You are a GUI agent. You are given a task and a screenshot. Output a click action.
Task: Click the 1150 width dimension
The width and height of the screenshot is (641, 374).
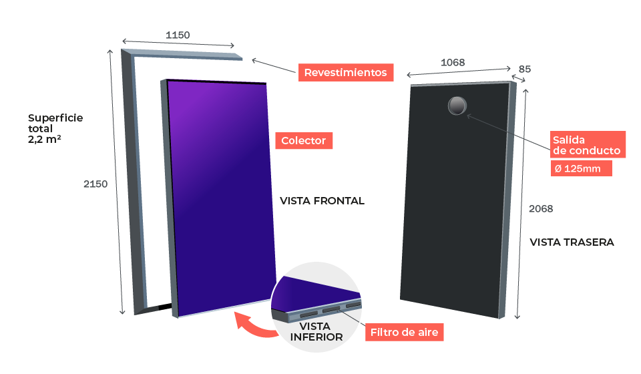tap(178, 35)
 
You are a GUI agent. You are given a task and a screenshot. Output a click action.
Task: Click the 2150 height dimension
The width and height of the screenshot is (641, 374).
tap(95, 184)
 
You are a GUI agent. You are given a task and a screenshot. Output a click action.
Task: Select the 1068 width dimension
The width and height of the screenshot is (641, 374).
tap(453, 63)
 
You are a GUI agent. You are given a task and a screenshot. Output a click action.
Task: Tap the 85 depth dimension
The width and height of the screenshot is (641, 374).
tap(525, 69)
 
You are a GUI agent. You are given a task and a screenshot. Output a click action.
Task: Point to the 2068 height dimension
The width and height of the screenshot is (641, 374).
tap(541, 209)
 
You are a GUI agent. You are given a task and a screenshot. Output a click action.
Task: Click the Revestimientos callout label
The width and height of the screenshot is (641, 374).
tap(345, 72)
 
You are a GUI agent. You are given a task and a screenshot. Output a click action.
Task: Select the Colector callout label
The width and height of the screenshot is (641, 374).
tap(304, 141)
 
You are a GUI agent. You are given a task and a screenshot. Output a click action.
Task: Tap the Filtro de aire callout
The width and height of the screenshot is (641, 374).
tap(405, 333)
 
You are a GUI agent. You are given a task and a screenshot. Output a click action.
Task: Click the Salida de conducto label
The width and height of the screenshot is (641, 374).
tap(588, 145)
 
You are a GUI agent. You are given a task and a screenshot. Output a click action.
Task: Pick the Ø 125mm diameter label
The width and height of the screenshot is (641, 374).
tap(581, 168)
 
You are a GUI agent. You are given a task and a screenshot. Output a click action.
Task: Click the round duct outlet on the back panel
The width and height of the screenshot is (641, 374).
tap(457, 106)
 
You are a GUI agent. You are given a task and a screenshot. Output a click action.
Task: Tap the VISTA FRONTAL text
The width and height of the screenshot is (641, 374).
tap(322, 201)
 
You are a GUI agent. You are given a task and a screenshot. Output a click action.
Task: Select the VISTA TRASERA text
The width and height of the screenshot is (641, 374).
tap(572, 242)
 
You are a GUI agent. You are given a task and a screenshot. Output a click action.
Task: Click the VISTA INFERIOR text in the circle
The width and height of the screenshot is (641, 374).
tap(316, 331)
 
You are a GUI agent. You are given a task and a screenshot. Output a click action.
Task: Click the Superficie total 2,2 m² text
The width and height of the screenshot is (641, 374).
tap(55, 129)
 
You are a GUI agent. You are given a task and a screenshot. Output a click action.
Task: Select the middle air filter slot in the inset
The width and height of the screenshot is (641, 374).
tap(331, 309)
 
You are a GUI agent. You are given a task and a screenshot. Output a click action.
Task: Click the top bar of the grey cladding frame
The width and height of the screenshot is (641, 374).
tap(182, 55)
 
